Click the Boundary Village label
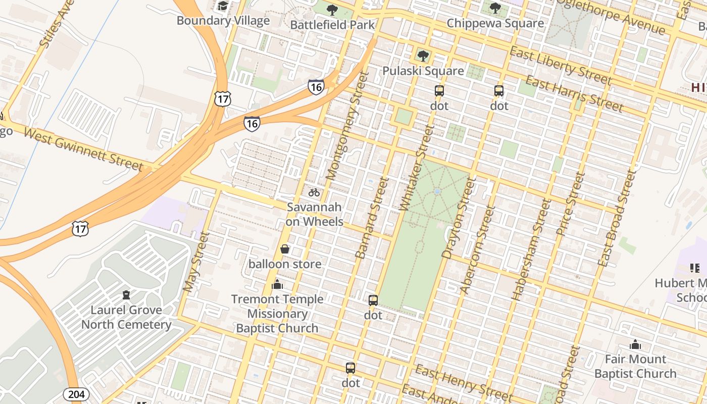[x=223, y=21]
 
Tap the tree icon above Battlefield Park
[x=332, y=10]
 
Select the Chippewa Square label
[x=495, y=23]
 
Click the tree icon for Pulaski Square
[x=423, y=56]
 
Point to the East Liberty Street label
[x=560, y=66]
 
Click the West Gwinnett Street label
[x=83, y=149]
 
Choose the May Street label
[x=196, y=262]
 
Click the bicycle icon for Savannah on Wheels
[x=314, y=192]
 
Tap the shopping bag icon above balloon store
[x=285, y=249]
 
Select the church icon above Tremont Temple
[x=277, y=285]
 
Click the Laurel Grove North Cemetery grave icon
[x=126, y=295]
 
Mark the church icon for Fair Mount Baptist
[x=635, y=345]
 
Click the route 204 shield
[x=76, y=394]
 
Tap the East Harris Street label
[x=574, y=93]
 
